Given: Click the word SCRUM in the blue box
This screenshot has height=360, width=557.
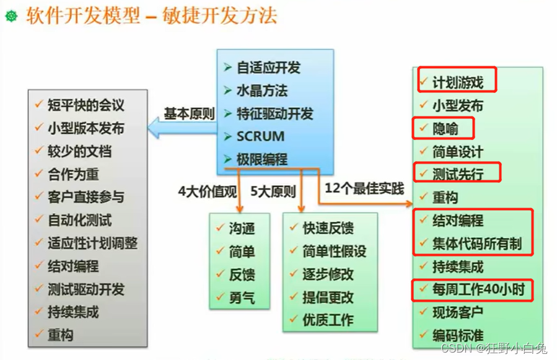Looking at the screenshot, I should click(260, 136).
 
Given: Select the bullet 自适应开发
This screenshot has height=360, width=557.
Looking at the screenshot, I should click(268, 68).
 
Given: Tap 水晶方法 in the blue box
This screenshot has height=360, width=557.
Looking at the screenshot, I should click(262, 90).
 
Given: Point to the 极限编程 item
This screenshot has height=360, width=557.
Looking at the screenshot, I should click(262, 159).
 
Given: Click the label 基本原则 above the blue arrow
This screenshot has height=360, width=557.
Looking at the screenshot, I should click(189, 114).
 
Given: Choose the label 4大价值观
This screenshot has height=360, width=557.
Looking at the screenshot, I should click(208, 191).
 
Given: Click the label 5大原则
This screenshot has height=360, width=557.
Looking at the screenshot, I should click(273, 191).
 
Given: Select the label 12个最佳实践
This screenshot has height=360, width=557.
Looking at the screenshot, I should click(364, 188).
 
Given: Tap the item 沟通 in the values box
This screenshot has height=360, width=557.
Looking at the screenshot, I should click(241, 229).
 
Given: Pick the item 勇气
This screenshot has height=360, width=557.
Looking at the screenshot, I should click(241, 297).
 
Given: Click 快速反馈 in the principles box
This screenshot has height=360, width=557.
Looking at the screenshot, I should click(328, 229).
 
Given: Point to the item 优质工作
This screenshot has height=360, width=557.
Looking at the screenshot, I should click(328, 320).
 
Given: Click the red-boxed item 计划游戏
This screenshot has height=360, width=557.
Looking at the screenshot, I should click(457, 82).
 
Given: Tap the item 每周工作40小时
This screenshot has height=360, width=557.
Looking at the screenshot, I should click(474, 289).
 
